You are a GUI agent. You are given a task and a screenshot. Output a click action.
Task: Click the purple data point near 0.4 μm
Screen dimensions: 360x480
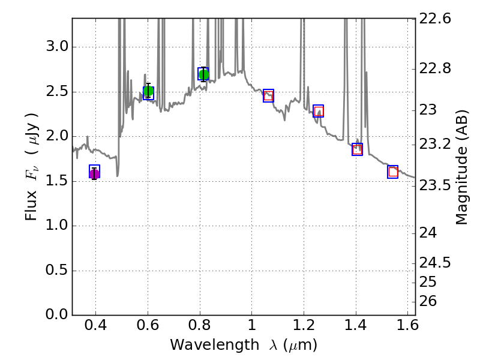pos(94,174)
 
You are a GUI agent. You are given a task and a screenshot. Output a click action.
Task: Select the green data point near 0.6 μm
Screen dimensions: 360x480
pos(149,91)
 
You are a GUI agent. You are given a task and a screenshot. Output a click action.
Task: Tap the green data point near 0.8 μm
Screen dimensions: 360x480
pos(203,74)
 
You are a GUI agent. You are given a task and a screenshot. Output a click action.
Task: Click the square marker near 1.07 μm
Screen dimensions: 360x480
pos(268,96)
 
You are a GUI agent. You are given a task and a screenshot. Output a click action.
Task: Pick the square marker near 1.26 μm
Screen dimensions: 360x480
pos(319,111)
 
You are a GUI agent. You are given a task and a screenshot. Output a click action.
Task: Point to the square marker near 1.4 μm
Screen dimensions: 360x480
pos(357,149)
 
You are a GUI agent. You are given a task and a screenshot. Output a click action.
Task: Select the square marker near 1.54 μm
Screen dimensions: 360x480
pos(392,172)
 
